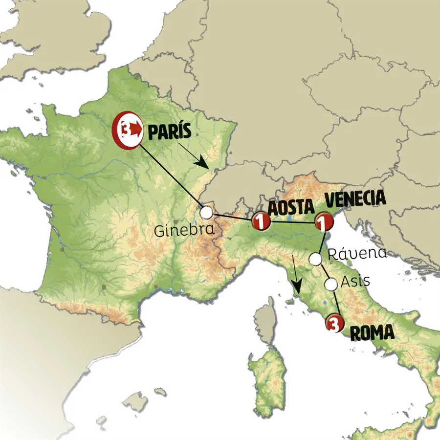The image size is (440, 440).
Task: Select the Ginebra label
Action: coord(184,230)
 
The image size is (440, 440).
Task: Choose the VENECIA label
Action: coord(355,199)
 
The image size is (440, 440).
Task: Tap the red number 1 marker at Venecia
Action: coord(324,222)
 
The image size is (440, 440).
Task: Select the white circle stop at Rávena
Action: coord(316,258)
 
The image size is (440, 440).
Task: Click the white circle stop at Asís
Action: coord(331,283)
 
